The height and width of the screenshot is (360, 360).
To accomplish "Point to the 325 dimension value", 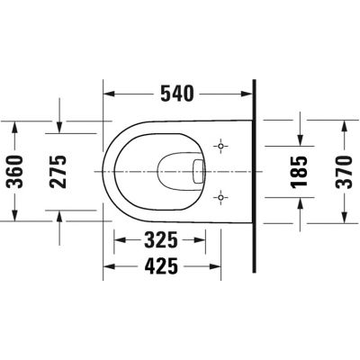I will (x=161, y=241).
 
